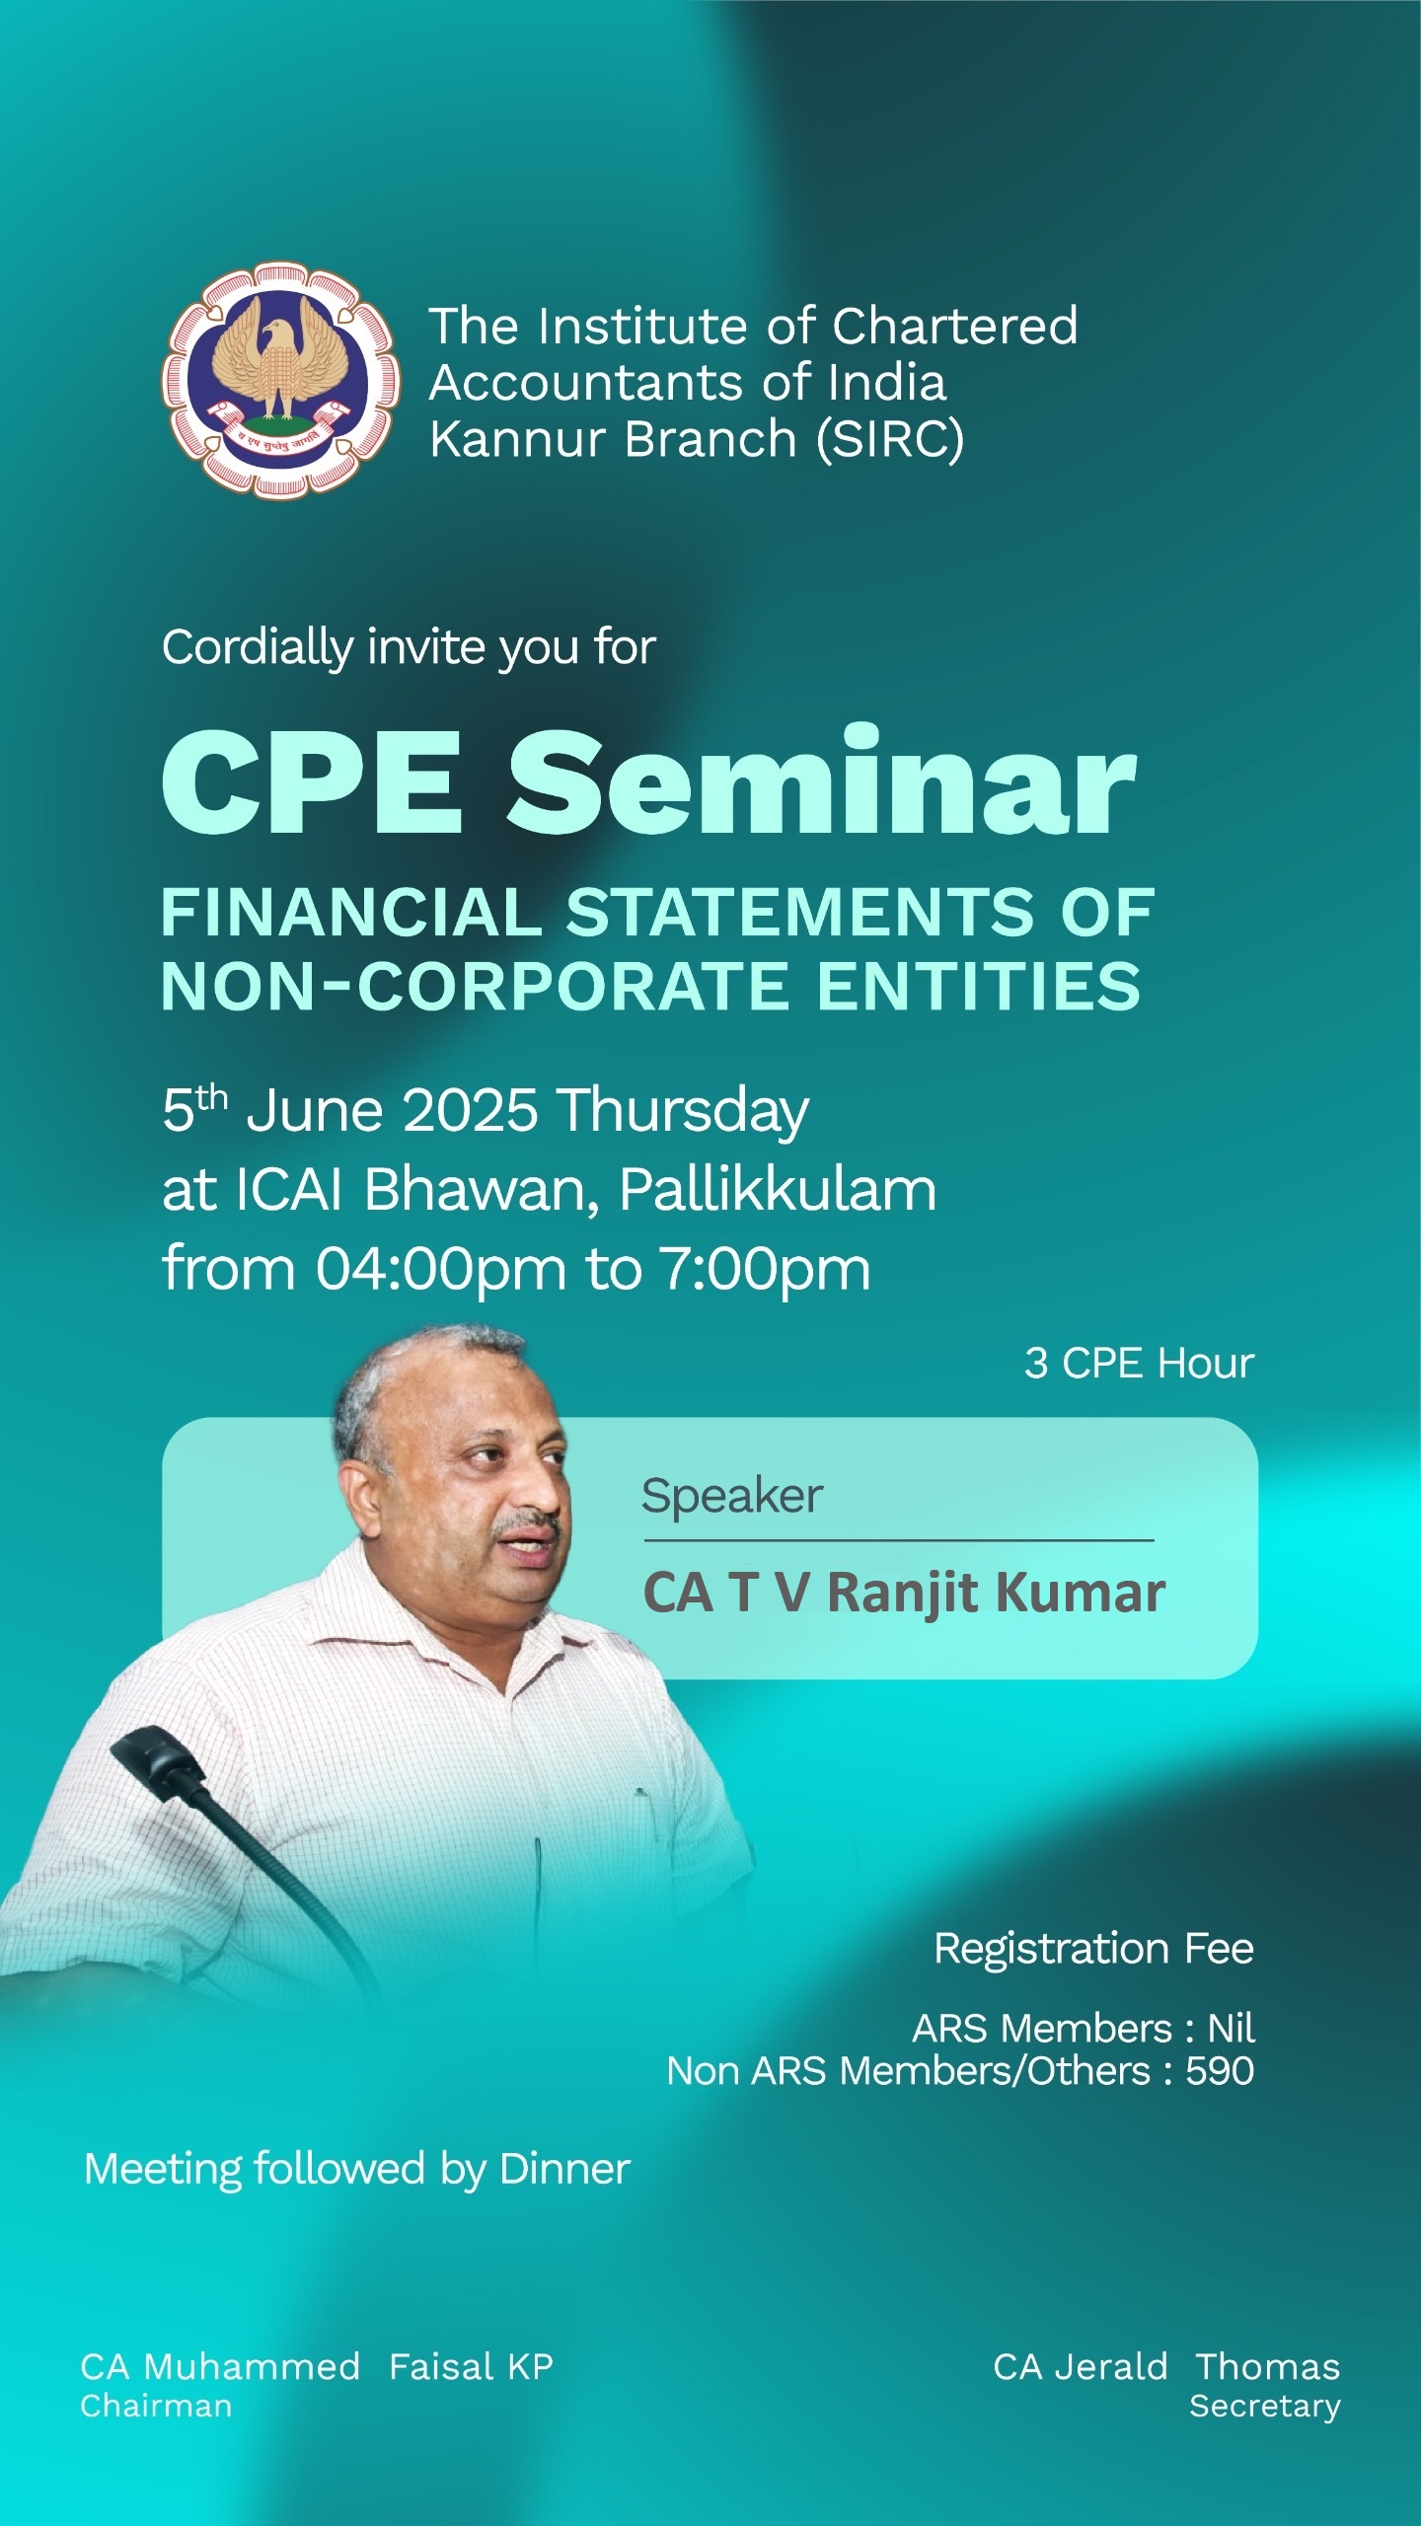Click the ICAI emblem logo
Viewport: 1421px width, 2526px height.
point(281,381)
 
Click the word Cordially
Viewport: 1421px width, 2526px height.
point(258,649)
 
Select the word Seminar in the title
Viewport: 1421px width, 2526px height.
point(822,782)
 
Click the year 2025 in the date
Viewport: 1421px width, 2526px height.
point(471,1110)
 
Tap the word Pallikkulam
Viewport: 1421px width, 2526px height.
point(778,1189)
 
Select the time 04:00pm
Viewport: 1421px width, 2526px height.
point(441,1270)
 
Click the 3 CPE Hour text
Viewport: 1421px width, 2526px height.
point(1139,1363)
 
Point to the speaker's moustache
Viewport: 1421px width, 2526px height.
point(531,1523)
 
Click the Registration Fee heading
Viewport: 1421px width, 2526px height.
point(1094,1949)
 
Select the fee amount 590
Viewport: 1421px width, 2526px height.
point(1220,2071)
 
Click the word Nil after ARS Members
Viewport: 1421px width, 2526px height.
point(1232,2029)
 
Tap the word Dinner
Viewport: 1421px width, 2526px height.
point(565,2169)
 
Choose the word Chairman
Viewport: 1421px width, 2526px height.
point(156,2406)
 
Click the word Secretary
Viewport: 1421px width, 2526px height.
point(1265,2407)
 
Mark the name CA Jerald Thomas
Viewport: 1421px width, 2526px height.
point(1166,2367)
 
